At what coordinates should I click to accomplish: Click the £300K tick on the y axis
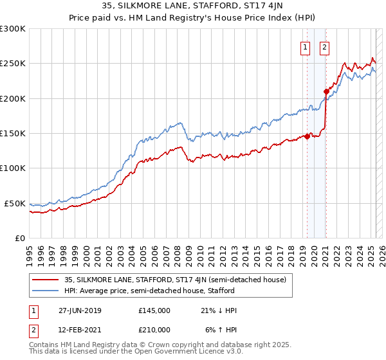click(13, 29)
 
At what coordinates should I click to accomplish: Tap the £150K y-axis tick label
click(13, 134)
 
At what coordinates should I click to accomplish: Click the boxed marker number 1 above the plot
click(304, 46)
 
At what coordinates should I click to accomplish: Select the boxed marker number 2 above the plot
click(324, 46)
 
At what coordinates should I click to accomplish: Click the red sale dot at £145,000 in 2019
click(308, 135)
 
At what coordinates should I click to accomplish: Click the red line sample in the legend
click(46, 280)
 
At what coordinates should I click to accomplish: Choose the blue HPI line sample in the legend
click(46, 291)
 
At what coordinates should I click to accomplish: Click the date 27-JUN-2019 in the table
click(79, 310)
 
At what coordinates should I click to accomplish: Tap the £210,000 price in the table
click(154, 329)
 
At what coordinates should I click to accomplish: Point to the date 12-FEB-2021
click(79, 329)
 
